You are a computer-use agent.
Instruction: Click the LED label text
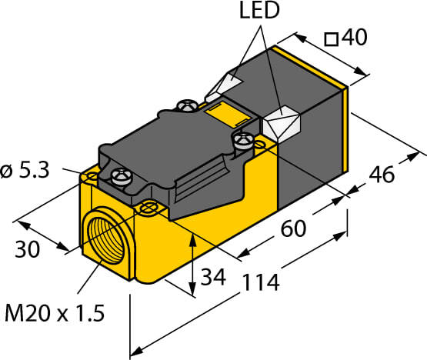[x=259, y=10]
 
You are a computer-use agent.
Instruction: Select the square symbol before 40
[x=332, y=39]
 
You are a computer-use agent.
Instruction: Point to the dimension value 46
[x=382, y=175]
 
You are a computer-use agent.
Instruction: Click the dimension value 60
[x=293, y=228]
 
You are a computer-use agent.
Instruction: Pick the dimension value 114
[x=261, y=282]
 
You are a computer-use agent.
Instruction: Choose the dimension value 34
[x=213, y=278]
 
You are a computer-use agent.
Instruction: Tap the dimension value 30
[x=27, y=249]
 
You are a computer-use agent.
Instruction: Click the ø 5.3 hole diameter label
[x=25, y=170]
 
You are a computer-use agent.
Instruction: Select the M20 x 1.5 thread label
[x=55, y=313]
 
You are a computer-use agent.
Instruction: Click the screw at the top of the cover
[x=186, y=105]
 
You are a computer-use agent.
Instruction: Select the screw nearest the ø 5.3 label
[x=122, y=176]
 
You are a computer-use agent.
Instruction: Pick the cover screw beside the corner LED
[x=244, y=140]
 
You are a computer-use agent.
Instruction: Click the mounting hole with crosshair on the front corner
[x=148, y=208]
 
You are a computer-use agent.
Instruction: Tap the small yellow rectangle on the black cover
[x=228, y=115]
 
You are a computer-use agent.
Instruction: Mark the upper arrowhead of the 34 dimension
[x=192, y=240]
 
